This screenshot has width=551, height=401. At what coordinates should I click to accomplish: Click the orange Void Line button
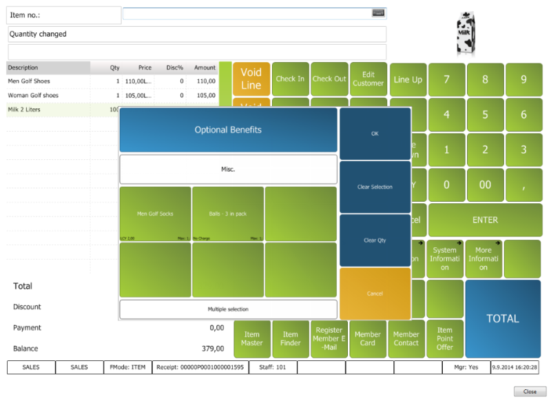[x=251, y=79]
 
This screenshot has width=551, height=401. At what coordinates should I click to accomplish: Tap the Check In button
[x=290, y=79]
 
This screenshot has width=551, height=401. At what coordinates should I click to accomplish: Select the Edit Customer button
[x=368, y=79]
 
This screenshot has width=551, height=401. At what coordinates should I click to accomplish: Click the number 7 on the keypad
[x=446, y=79]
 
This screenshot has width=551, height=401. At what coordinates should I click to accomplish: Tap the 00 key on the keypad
[x=485, y=185]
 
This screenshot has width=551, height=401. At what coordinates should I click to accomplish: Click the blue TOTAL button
[x=503, y=318]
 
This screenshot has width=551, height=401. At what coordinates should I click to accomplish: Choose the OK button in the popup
[x=375, y=134]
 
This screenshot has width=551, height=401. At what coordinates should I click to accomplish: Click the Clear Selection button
[x=375, y=187]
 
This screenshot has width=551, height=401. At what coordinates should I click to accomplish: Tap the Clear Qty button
[x=375, y=240]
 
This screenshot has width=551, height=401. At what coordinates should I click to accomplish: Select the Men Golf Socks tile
[x=155, y=214]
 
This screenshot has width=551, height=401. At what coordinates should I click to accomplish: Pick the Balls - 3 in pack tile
[x=228, y=214]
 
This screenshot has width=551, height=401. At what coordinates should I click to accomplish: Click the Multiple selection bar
[x=228, y=309]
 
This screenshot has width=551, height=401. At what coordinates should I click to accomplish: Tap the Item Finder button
[x=290, y=339]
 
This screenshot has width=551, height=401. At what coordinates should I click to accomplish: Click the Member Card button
[x=368, y=339]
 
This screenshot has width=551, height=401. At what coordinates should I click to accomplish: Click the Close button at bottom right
[x=530, y=391]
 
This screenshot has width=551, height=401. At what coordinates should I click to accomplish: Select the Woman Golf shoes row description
[x=33, y=95]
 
